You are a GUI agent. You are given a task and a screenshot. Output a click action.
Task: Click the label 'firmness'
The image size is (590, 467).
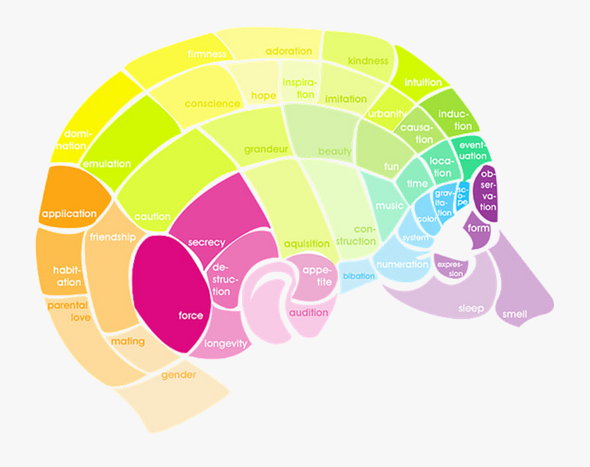[x=206, y=54]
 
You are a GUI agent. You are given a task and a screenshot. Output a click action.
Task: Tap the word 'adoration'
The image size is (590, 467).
[x=288, y=51]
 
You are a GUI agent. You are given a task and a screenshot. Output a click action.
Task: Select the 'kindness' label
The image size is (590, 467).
[x=368, y=61]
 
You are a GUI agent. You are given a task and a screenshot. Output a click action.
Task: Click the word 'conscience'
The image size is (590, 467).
[x=212, y=104]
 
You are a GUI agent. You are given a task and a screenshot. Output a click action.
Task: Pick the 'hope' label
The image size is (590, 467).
[x=264, y=96]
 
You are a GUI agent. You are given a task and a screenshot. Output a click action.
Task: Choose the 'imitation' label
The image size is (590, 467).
[x=345, y=99]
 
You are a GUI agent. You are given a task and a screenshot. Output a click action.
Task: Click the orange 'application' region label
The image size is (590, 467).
[x=69, y=214]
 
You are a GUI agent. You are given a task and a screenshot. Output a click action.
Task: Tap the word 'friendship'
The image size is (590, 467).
[x=113, y=237]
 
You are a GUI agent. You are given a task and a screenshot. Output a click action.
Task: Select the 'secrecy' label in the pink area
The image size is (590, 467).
[x=206, y=242]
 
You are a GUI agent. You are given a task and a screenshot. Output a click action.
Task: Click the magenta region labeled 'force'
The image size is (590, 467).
[x=191, y=315]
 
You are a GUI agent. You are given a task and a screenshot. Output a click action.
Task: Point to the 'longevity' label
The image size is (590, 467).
[x=226, y=344]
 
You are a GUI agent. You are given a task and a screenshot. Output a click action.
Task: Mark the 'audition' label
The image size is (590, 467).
[x=308, y=313]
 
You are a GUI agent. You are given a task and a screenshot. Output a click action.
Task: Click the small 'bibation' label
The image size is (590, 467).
[x=359, y=276]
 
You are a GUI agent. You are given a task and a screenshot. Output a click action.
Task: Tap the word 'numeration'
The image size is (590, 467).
[x=403, y=264]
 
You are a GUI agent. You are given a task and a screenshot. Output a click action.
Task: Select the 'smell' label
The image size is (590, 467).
[x=515, y=314]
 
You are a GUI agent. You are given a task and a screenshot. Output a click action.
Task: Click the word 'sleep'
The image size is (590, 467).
[x=471, y=308]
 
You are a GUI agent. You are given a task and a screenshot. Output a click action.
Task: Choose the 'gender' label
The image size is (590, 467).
[x=179, y=376]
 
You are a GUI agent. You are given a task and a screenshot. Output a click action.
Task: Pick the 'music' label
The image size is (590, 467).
[x=389, y=206]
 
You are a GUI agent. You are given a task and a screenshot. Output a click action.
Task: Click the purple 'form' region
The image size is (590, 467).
[x=479, y=228]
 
